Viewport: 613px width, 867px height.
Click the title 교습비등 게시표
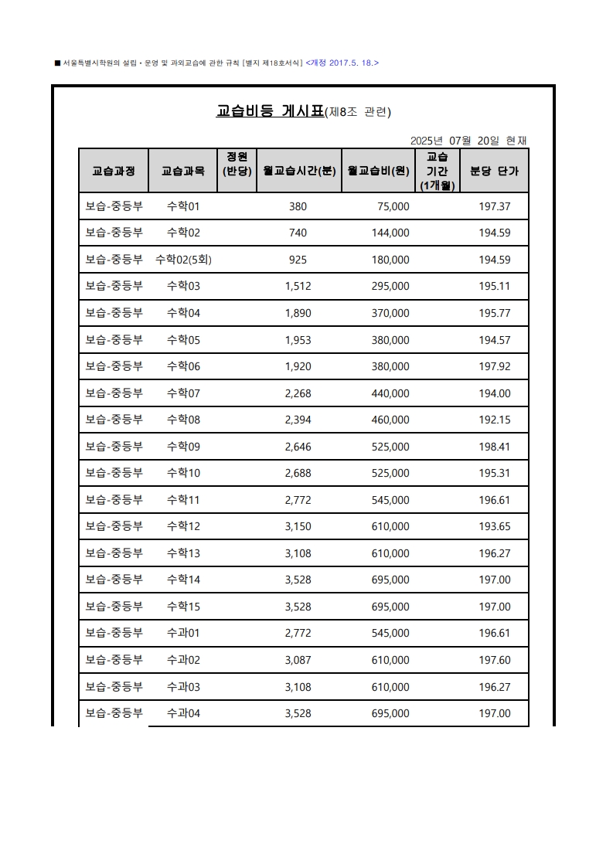[270, 111]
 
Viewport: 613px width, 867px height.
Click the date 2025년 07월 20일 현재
[468, 141]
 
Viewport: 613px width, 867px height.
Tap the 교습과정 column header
[114, 170]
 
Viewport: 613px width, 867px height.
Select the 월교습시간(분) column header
[298, 170]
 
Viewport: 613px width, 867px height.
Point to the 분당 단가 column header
[494, 170]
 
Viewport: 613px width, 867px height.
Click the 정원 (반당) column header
[237, 164]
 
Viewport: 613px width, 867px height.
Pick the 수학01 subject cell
[183, 206]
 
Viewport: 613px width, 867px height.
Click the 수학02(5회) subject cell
[183, 260]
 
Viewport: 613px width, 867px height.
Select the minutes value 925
[298, 260]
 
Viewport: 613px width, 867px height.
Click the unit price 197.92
[495, 366]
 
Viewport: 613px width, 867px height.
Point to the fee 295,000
[390, 286]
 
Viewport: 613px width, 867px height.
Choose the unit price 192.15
[495, 420]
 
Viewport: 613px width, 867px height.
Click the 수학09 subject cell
[183, 447]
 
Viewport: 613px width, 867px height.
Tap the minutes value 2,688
[298, 473]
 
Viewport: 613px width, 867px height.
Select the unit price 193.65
[495, 526]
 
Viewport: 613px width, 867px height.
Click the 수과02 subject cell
[183, 660]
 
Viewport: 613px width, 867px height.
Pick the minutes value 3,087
[298, 660]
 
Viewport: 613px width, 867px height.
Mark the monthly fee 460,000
[390, 420]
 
